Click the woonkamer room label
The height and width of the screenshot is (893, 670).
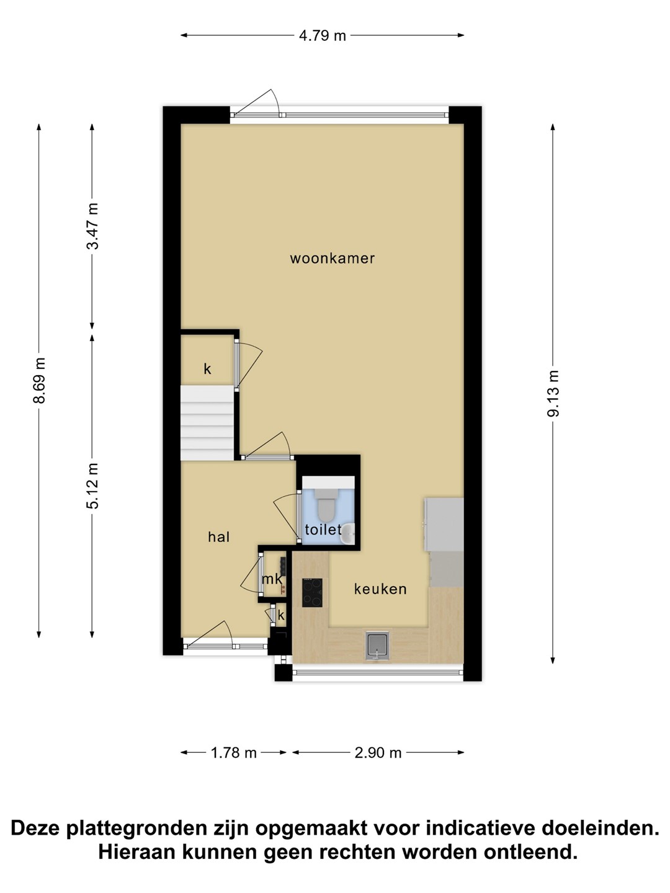coord(332,259)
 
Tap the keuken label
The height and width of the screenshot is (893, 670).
coord(380,589)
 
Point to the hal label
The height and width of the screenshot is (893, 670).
coord(219,537)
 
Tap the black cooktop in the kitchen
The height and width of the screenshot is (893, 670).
coord(312,593)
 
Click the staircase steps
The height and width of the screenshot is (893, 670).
coord(207,423)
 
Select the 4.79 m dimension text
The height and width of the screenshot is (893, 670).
coord(322,36)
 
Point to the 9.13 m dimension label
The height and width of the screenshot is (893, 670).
coord(553,393)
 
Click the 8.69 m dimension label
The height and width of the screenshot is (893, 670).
coord(40,380)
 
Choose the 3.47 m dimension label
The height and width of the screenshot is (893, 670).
coord(93,226)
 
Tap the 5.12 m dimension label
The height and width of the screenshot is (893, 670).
coord(93,486)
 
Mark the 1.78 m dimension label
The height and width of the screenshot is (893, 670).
coord(233,753)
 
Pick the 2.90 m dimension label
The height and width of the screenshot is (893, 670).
coord(378,753)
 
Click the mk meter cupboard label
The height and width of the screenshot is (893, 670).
coord(272,579)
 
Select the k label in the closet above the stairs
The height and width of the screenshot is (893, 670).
coord(207,369)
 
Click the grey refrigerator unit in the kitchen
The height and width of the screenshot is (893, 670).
coord(444,524)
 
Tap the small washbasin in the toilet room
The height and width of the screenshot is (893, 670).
coord(349,534)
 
